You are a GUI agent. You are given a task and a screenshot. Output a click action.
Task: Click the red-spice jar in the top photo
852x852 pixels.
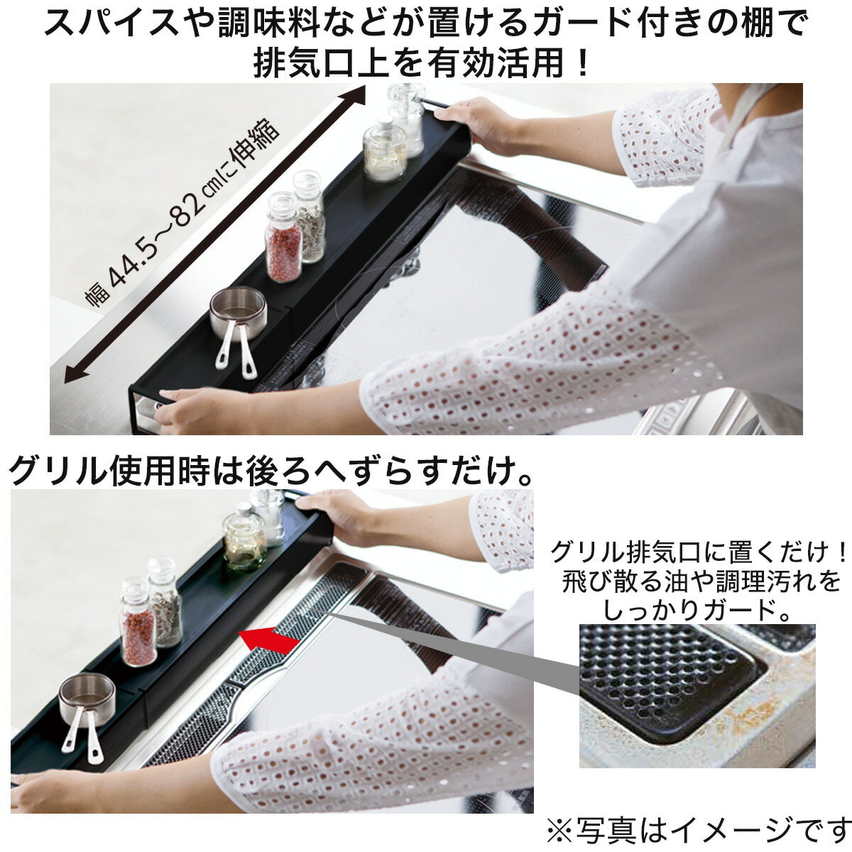(283, 238)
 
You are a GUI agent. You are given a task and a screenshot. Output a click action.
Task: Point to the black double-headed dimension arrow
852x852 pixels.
(213, 234)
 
